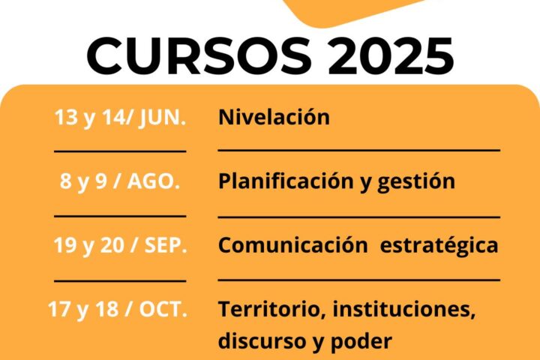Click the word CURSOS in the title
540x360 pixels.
point(199,55)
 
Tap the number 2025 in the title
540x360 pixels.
point(391,55)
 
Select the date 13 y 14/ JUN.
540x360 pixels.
point(120,117)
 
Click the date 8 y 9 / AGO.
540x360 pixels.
point(120,181)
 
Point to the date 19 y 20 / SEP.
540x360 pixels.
point(120,245)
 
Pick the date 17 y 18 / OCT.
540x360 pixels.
point(118,309)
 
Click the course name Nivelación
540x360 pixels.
point(274,117)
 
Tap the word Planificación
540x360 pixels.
point(286,181)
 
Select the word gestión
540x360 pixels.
point(416,181)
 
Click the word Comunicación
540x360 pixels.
point(293,245)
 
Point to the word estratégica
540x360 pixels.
point(439,246)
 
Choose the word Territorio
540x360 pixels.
point(273,309)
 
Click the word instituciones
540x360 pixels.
point(404,309)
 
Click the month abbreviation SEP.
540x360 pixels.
point(166,245)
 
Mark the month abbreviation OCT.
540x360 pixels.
point(163,309)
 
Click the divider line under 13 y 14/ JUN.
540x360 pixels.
point(120,151)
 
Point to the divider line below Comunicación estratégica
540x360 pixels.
point(359,280)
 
